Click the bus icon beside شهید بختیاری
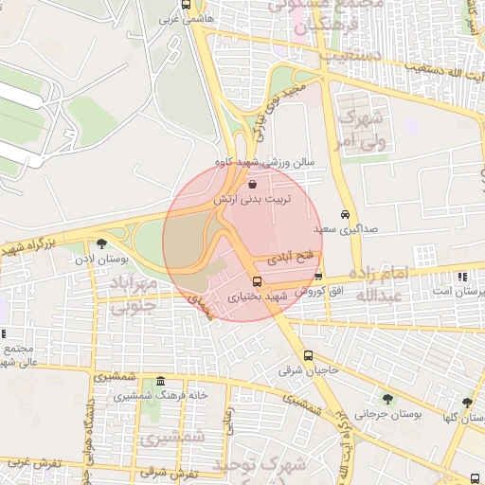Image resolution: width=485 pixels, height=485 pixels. tap(257, 281)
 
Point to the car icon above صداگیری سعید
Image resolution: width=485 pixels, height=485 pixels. tap(346, 214)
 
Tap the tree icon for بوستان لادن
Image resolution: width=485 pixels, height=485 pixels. tap(100, 243)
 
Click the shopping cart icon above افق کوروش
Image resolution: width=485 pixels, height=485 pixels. tap(318, 276)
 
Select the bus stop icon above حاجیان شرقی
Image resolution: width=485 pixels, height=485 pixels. tap(308, 356)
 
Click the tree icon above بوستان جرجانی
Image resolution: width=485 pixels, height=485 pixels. tap(386, 398)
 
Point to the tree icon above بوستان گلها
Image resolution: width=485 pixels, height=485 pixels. tap(466, 403)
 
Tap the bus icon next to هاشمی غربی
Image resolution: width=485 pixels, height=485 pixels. tap(185, 18)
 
